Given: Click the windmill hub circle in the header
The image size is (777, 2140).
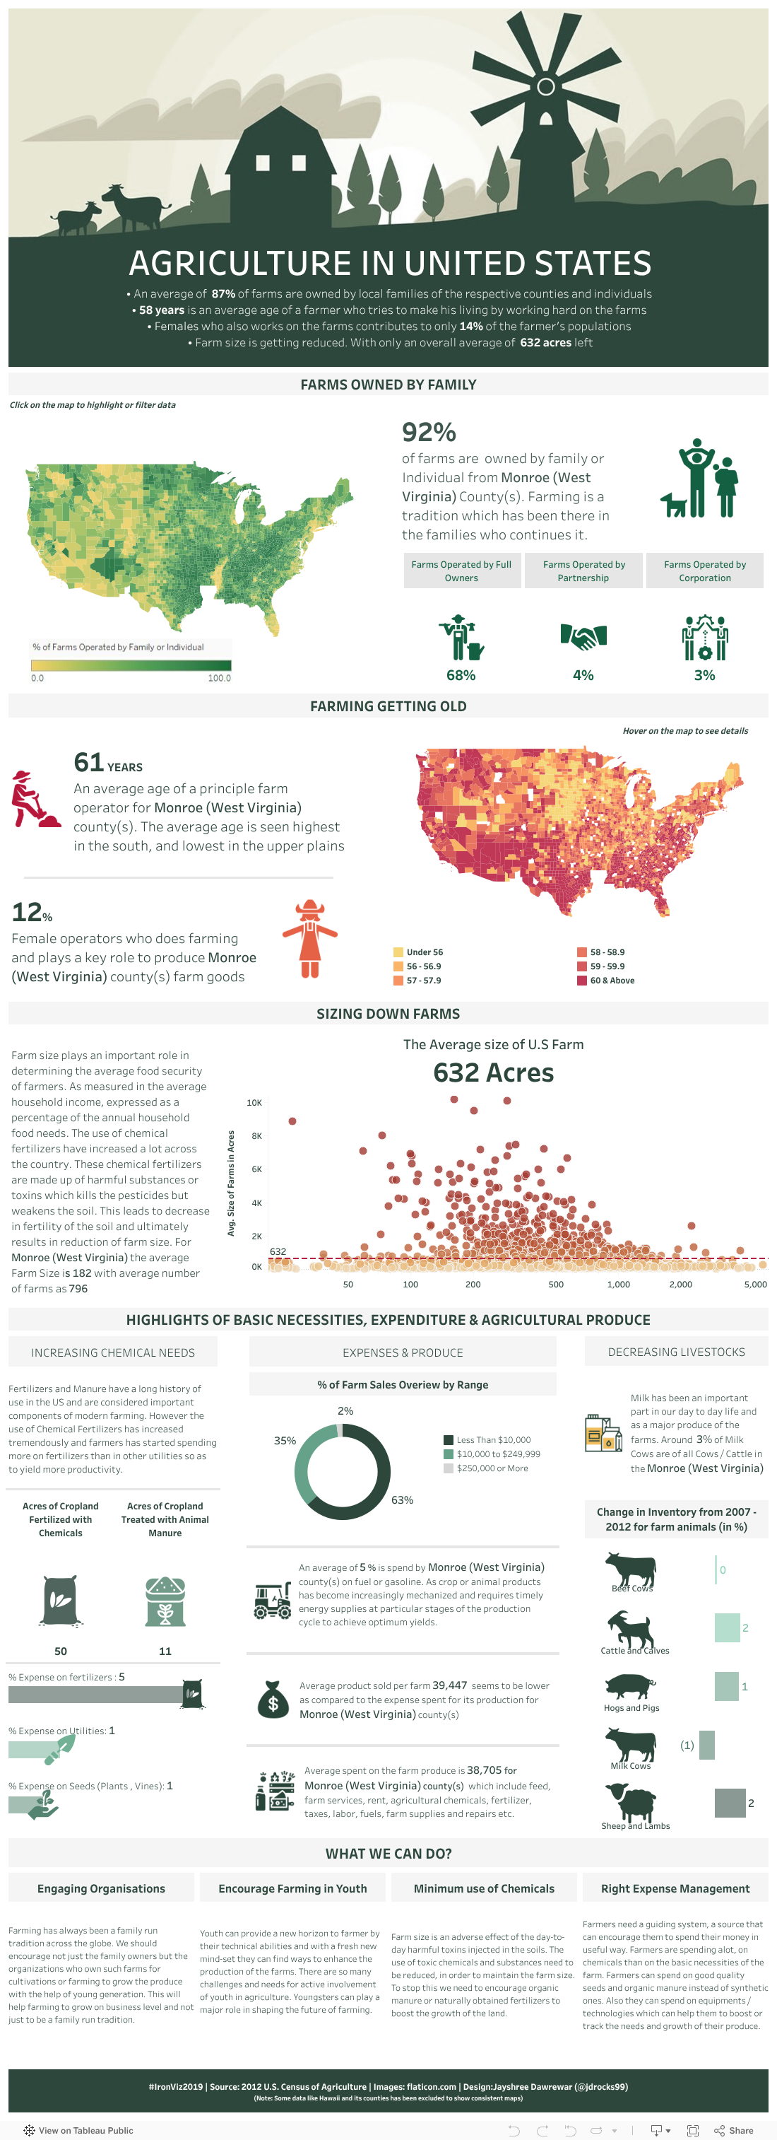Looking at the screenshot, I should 545,86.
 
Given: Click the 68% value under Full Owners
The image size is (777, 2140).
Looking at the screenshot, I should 461,675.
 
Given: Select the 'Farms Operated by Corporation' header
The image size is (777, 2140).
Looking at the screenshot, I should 704,571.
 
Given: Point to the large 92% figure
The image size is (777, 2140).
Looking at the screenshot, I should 429,432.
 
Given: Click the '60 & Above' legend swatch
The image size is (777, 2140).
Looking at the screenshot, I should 582,981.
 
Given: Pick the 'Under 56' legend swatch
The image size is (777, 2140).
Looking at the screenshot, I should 398,952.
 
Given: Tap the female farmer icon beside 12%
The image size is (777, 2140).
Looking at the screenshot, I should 309,939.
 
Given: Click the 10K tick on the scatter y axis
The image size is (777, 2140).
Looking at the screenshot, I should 254,1102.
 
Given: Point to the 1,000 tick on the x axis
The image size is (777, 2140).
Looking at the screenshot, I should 619,1285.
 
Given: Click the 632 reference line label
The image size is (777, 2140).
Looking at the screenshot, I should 278,1251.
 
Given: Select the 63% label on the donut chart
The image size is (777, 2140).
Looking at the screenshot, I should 402,1499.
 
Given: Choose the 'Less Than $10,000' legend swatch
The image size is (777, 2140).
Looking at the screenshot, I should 449,1439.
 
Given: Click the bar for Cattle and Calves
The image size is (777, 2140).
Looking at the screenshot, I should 726,1627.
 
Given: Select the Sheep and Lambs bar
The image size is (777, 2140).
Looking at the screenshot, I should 730,1803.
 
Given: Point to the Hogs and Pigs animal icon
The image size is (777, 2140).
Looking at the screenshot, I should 630,1686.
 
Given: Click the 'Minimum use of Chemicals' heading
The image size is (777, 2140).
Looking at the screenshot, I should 484,1888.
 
